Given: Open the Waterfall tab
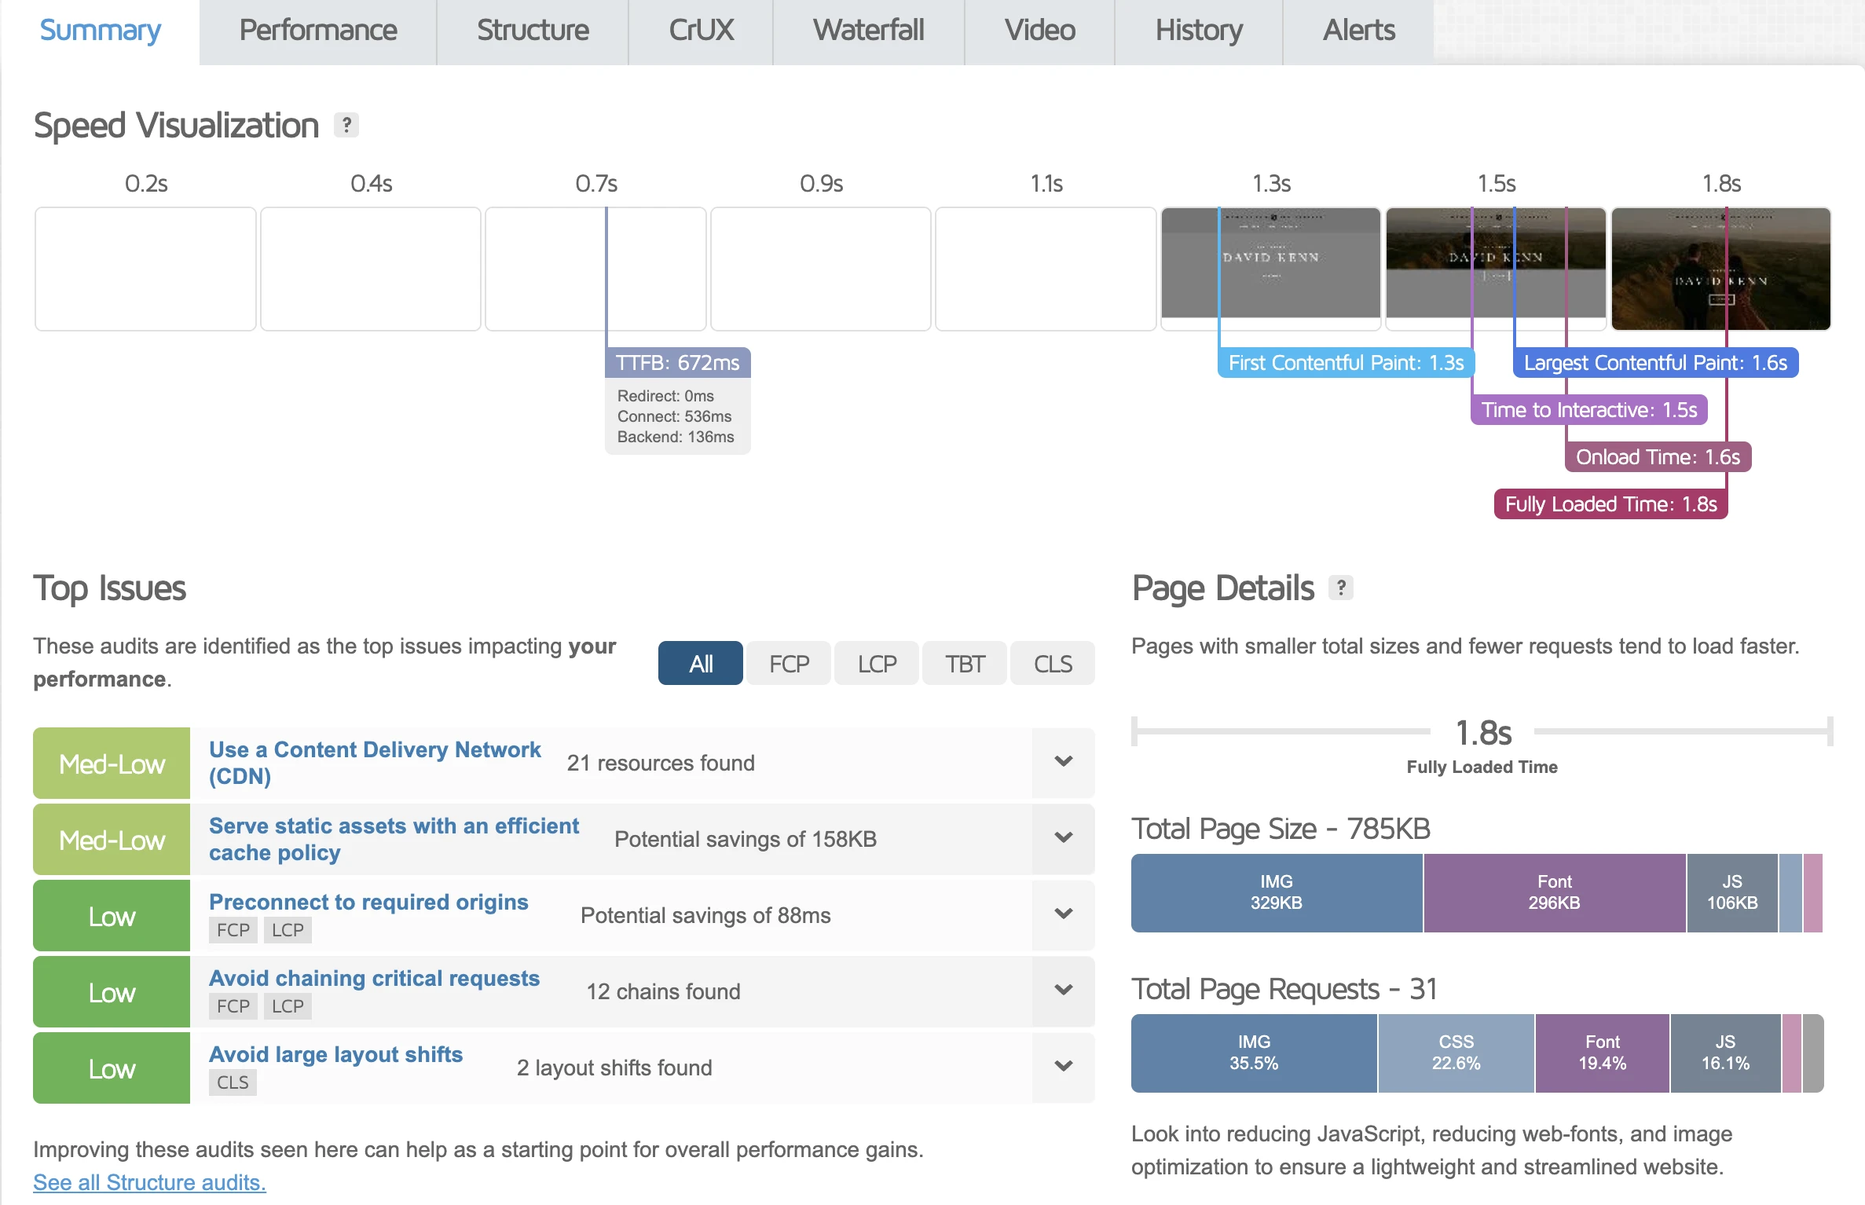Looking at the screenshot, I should pos(868,31).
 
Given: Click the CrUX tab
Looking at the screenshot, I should pos(701,31).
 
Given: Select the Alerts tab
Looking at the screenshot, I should pos(1358,31).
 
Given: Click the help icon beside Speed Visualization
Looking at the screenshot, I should pos(346,125).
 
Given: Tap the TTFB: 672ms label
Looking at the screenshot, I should pos(677,363).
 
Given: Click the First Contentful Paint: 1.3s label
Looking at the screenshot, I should pos(1345,363).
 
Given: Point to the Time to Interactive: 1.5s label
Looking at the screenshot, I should pos(1588,410).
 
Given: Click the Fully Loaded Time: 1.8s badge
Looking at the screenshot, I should pos(1610,504).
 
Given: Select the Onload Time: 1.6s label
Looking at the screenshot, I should pos(1658,457).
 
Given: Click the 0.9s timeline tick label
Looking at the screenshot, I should pos(821,184).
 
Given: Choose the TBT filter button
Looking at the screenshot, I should pos(964,664).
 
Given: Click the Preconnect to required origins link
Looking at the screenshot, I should pos(368,902).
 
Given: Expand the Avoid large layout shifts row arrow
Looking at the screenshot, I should pos(1063,1067).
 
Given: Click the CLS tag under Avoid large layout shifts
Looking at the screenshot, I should pos(233,1082).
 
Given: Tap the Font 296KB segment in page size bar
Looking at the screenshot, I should pos(1554,893).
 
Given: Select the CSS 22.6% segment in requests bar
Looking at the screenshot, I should pos(1456,1053).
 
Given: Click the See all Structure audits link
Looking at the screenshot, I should pos(149,1182).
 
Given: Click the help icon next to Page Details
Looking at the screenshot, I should pos(1340,588).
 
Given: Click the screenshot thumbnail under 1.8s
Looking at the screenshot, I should pos(1720,269).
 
